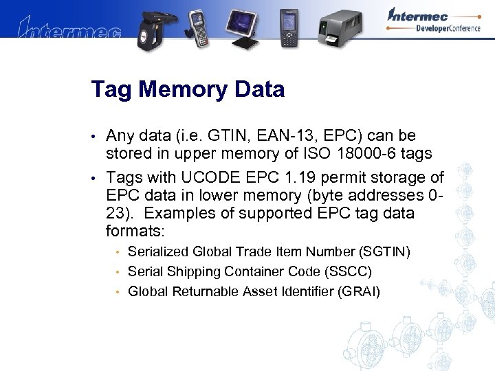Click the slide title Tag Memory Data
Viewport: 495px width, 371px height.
click(x=188, y=90)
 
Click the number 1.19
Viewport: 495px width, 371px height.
click(x=303, y=178)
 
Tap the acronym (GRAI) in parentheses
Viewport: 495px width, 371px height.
click(x=358, y=291)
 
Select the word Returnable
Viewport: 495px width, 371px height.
click(x=205, y=291)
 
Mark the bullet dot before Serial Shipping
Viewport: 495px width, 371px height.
click(x=118, y=272)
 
